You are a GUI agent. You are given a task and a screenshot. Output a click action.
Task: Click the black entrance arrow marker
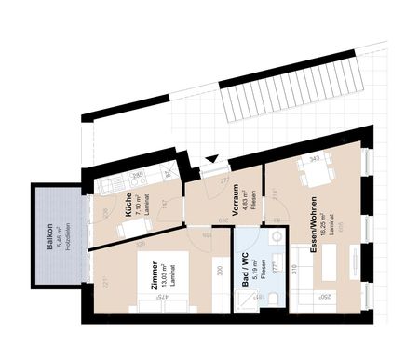[x=213, y=160]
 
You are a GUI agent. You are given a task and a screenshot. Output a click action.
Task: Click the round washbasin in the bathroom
[x=277, y=239]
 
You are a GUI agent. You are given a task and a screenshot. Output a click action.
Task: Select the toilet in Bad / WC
[x=276, y=266]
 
